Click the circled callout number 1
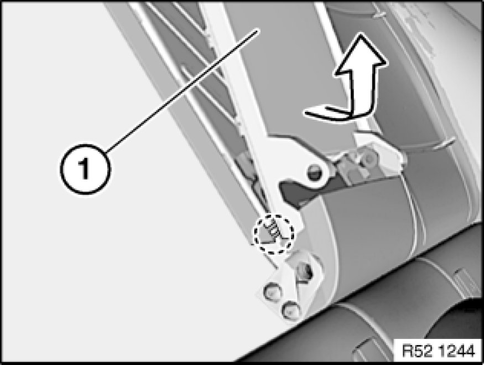coord(85,169)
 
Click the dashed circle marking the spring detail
coord(273,234)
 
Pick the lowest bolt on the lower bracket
coord(291,309)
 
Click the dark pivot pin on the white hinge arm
coord(315,172)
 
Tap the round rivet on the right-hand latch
coord(368,158)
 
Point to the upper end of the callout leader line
coord(257,30)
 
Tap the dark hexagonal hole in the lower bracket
coord(305,271)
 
